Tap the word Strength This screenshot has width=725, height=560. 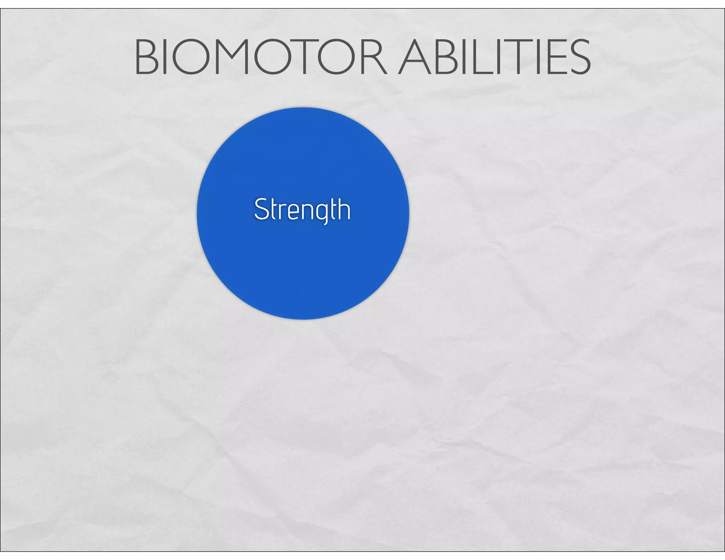(x=302, y=210)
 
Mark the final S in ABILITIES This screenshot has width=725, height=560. (x=579, y=58)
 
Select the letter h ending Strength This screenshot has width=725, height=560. (x=344, y=209)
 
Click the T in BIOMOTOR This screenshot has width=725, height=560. (x=304, y=58)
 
